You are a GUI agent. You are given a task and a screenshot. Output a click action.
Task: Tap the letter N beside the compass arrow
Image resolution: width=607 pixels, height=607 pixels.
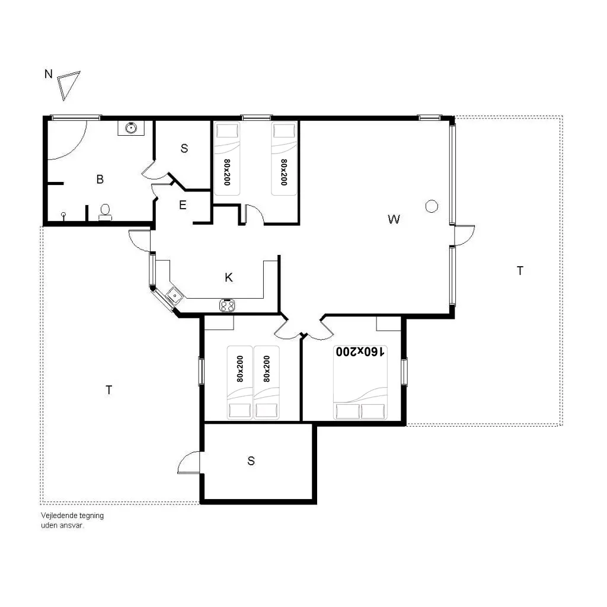[x=49, y=74]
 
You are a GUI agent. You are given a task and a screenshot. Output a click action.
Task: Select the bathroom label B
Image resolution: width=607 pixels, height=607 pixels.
[x=100, y=179]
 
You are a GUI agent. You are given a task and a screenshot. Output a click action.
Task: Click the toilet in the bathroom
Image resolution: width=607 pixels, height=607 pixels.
[x=105, y=212]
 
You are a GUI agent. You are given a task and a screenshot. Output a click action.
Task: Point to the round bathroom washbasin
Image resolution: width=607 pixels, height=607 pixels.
[x=131, y=127]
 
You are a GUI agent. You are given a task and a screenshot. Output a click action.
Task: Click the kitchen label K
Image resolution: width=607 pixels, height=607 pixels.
[x=228, y=277]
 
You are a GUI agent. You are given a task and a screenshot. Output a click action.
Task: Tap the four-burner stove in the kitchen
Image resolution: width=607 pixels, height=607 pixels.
[x=227, y=305]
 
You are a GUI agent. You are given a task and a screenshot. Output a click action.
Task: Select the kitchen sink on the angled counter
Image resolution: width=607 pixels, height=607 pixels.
[x=174, y=296]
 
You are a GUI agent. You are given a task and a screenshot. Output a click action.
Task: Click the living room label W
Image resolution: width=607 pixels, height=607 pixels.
[x=394, y=219]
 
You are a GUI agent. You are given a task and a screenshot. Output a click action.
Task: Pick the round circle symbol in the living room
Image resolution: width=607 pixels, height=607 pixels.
[x=432, y=206]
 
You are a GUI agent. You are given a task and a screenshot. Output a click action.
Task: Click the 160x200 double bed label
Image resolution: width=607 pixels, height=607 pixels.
[x=360, y=352]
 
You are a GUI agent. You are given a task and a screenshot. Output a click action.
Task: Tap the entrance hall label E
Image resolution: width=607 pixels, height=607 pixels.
[x=183, y=205]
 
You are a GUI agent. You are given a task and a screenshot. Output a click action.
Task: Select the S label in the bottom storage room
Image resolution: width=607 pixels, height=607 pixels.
[x=251, y=461]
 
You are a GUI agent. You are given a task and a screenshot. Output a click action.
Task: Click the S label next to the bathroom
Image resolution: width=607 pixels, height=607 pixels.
[x=184, y=148]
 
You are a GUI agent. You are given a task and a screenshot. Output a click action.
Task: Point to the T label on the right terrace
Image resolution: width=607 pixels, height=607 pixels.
[x=520, y=270]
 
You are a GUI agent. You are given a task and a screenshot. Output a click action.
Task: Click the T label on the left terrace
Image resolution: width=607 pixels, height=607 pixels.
[x=109, y=390]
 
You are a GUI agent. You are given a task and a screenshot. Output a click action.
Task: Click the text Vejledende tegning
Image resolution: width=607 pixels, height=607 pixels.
[x=72, y=516]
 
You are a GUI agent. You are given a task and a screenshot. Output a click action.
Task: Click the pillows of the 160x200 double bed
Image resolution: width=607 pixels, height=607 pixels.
[x=360, y=411]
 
